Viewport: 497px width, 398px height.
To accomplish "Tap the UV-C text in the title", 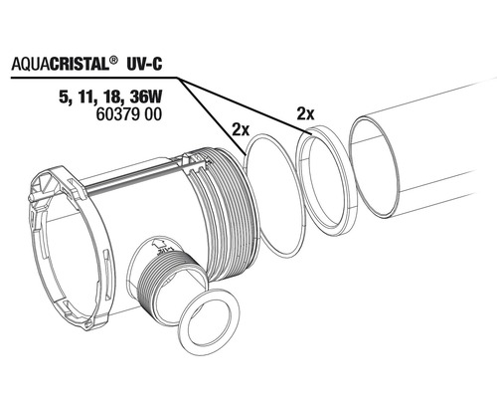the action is [145, 64].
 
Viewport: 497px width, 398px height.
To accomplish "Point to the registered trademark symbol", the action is [113, 61].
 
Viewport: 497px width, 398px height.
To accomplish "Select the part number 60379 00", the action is [128, 114].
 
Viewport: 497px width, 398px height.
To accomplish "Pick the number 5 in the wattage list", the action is [62, 99].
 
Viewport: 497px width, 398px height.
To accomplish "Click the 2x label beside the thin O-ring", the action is [241, 130].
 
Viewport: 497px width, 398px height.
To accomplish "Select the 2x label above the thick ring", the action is [305, 114].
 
